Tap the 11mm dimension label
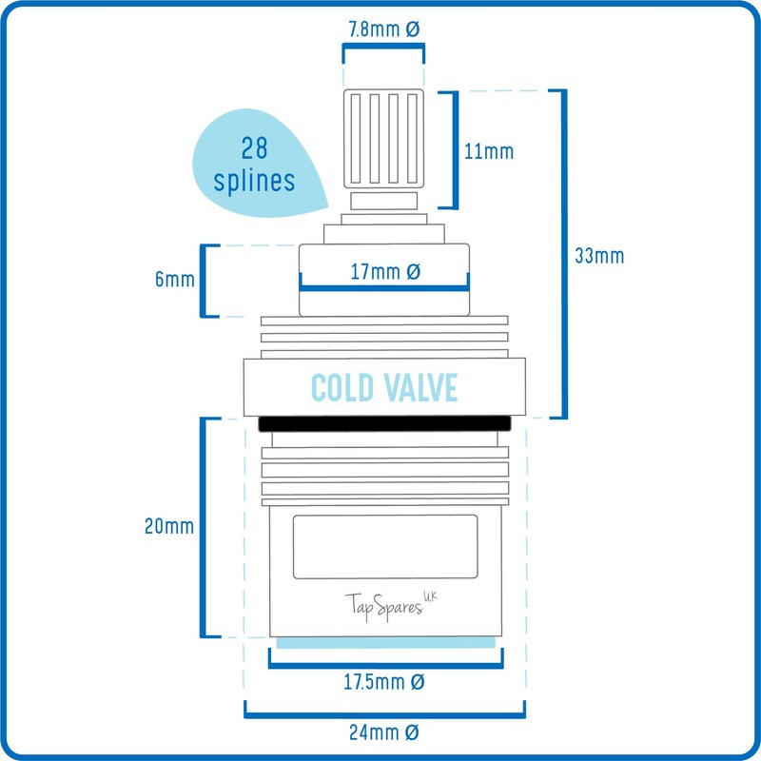point(491,150)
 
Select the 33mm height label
point(599,256)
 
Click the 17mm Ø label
point(384,273)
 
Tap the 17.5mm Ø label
point(384,682)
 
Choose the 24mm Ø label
point(384,732)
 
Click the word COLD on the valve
point(345,388)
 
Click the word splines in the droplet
point(254,180)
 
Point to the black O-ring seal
point(384,423)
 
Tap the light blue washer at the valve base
point(384,642)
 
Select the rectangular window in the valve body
point(384,546)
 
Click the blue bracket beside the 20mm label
point(204,527)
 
